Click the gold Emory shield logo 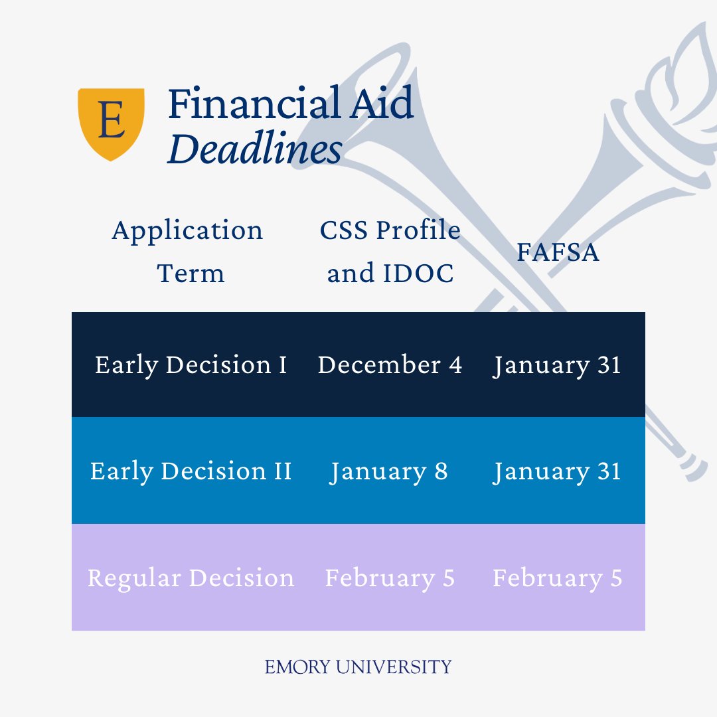coord(111,123)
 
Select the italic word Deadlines coord(255,150)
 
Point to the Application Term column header coord(188,252)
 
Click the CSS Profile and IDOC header coord(390,252)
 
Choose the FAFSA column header coord(558,252)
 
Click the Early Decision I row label coord(191,364)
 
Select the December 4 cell coord(390,364)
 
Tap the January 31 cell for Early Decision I coord(557,364)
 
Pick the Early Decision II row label coord(191,471)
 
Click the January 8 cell coord(390,471)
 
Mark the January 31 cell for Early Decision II coord(557,471)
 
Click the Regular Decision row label coord(191,578)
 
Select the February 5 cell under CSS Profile coord(390,578)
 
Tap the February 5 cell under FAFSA coord(557,578)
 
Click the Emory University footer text coord(358,667)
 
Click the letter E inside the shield coord(111,120)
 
